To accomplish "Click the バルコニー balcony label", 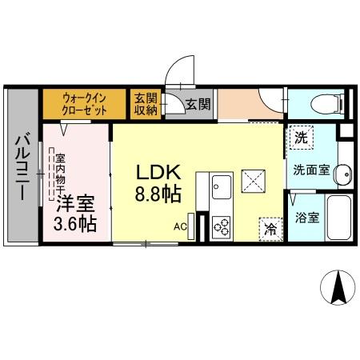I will click(22, 169).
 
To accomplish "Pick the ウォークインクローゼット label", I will click(85, 104).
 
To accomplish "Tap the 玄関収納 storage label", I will click(145, 103).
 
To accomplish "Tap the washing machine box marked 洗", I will click(300, 138).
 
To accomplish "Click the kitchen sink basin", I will click(220, 189).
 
